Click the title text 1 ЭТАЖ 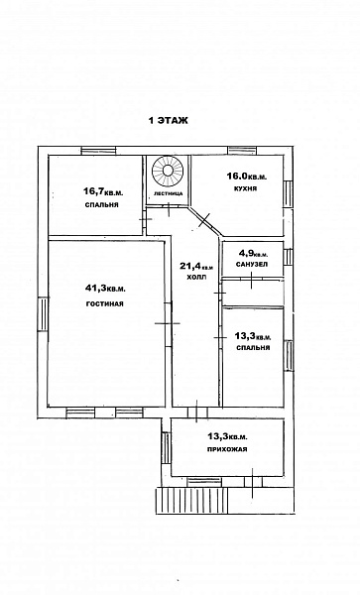[168, 121]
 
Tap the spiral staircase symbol [168, 171]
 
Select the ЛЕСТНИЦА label [168, 193]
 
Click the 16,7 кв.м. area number [103, 192]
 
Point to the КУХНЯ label [246, 188]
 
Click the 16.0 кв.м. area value [247, 177]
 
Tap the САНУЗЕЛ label [252, 264]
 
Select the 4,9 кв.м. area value [253, 253]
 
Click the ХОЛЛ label [197, 277]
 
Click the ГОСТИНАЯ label [105, 304]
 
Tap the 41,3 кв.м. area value [105, 290]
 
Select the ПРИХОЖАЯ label [227, 449]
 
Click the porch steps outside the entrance [191, 501]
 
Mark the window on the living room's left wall [43, 314]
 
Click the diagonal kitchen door [205, 222]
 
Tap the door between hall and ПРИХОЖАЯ [197, 413]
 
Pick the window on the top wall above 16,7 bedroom [98, 151]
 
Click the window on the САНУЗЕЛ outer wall [289, 257]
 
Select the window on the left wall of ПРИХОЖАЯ [166, 448]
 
